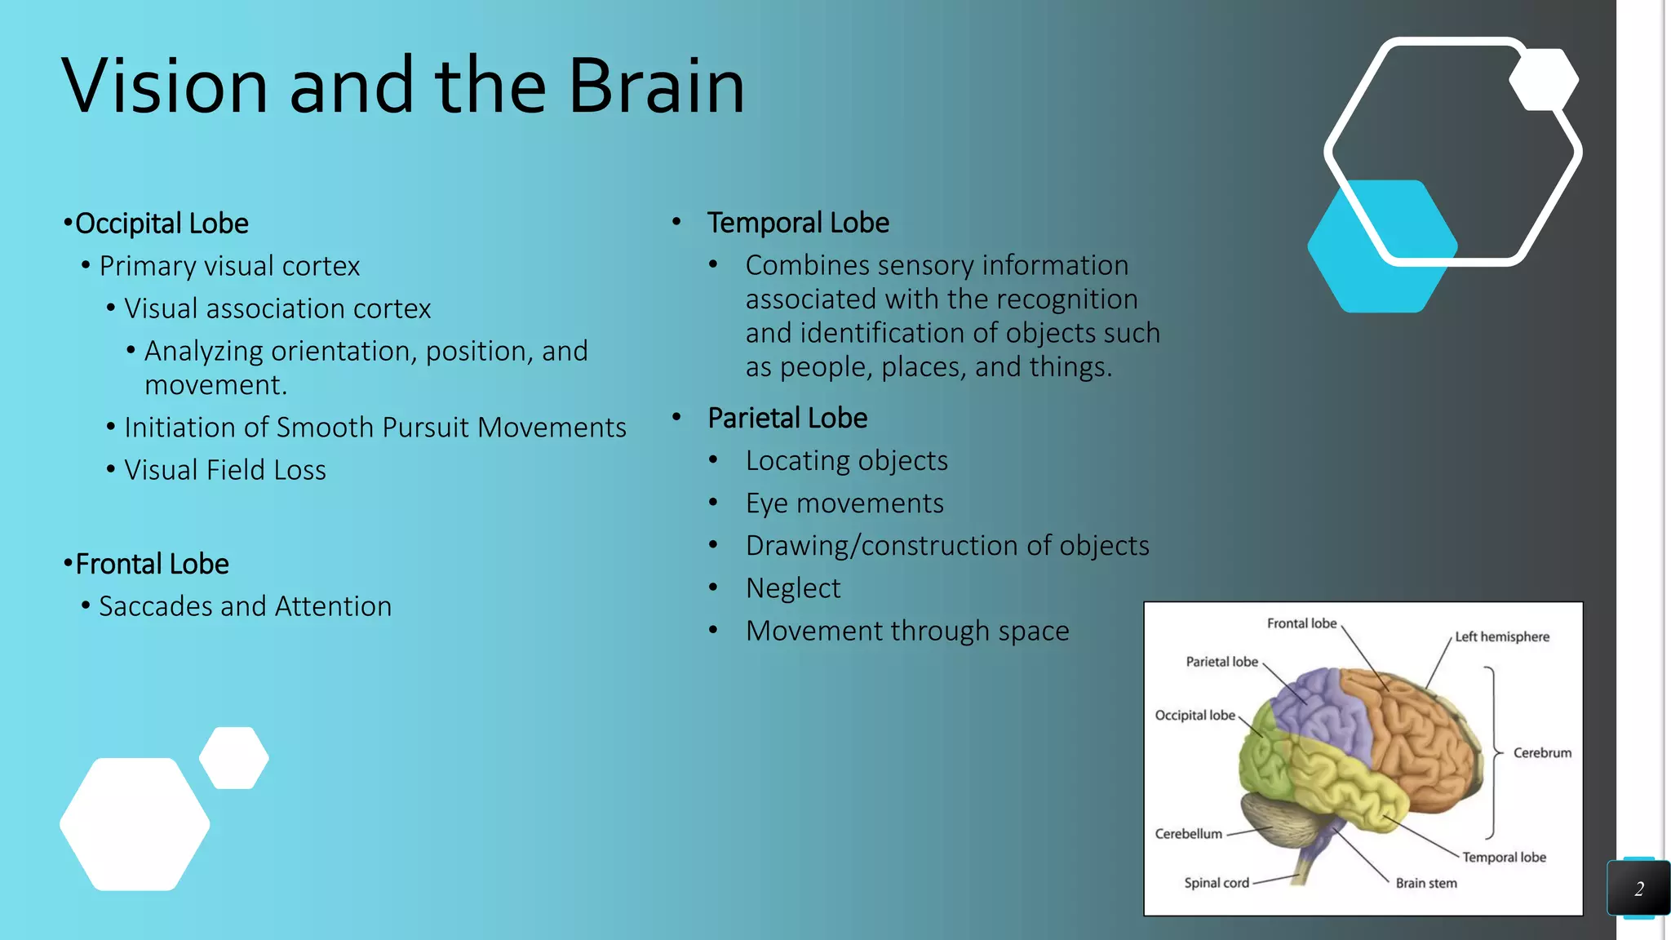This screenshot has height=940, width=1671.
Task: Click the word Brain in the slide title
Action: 656,86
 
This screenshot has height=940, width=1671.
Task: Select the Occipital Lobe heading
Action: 161,224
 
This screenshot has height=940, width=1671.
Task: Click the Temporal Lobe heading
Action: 797,223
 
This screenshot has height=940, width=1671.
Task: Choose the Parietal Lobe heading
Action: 787,418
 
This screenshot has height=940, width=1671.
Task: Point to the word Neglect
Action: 792,588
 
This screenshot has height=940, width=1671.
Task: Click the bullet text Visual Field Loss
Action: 224,470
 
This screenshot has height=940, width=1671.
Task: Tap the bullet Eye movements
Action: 844,503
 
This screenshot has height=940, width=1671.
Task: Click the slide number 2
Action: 1638,889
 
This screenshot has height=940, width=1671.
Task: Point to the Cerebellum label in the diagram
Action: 1188,834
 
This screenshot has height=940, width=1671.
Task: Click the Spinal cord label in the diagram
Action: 1216,883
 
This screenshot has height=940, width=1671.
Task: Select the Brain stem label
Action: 1425,883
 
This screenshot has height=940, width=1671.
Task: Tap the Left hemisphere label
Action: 1501,636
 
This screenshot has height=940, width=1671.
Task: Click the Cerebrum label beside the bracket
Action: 1541,752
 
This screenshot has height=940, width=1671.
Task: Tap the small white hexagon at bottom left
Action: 234,758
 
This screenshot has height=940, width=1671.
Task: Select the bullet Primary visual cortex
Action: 228,266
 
